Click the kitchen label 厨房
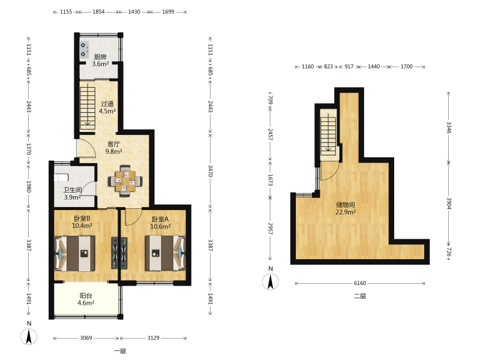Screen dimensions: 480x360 [x=100, y=56]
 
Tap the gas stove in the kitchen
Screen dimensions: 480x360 [x=84, y=50]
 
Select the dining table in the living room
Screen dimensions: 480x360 [x=125, y=181]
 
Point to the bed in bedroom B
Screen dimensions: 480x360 [x=74, y=253]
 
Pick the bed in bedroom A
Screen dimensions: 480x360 [x=166, y=253]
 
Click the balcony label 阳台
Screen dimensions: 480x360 [x=86, y=296]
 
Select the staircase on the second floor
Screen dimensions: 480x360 [x=328, y=136]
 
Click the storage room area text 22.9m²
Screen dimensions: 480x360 [x=346, y=212]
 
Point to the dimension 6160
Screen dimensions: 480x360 [x=360, y=283]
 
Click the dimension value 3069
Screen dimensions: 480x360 [x=86, y=338]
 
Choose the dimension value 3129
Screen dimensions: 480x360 [x=154, y=338]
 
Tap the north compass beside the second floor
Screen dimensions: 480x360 [x=271, y=282]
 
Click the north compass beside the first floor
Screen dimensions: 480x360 [x=29, y=337]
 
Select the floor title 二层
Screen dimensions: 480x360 [x=360, y=296]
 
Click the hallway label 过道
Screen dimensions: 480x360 [x=107, y=104]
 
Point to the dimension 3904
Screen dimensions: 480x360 [x=449, y=203]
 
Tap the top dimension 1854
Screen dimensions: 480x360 [x=98, y=12]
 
